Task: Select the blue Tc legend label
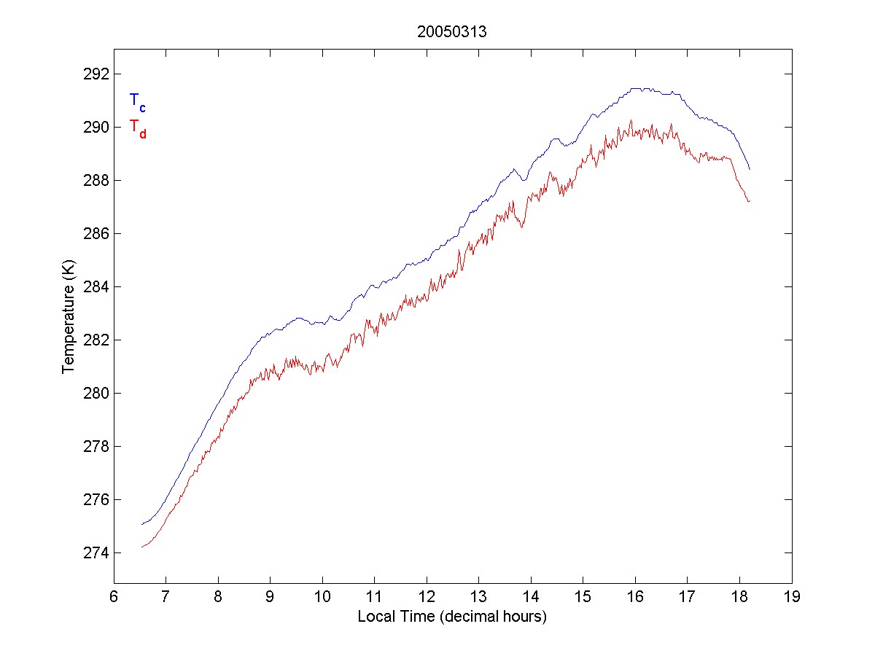point(137,102)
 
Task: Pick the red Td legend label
point(137,128)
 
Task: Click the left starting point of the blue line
point(142,524)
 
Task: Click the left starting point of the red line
point(142,547)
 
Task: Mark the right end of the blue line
point(750,169)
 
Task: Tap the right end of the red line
point(750,201)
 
